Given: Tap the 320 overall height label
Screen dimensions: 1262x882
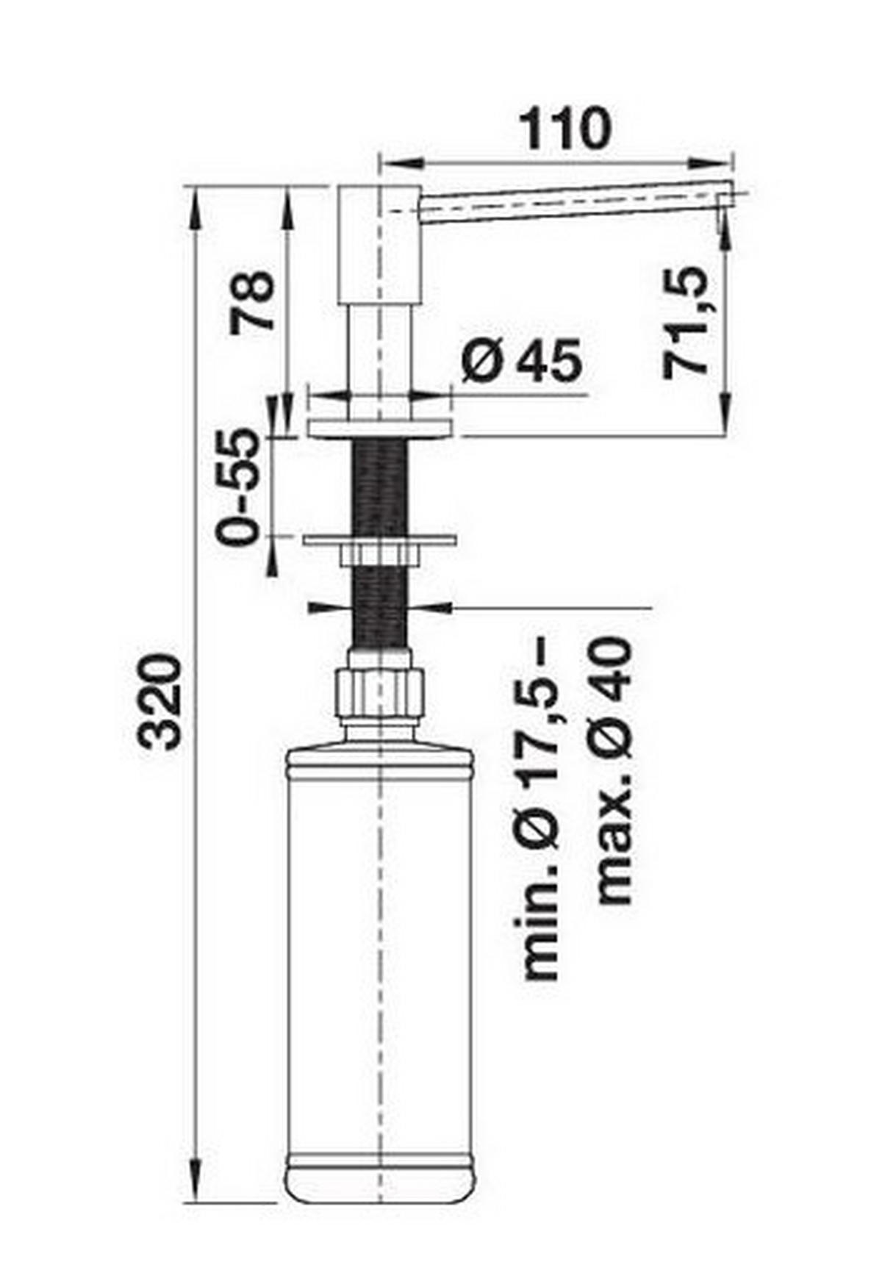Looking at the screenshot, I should point(161,703).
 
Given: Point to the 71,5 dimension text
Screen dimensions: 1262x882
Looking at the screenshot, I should point(686,323).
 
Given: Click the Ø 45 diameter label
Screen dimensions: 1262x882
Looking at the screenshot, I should point(522,360).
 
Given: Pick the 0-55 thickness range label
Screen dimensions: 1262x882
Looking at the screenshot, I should point(239,487).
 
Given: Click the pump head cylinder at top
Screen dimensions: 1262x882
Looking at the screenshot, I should point(378,246).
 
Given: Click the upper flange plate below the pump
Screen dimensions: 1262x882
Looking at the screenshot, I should point(381,427).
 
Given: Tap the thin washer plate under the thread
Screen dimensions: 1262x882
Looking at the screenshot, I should point(380,540).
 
